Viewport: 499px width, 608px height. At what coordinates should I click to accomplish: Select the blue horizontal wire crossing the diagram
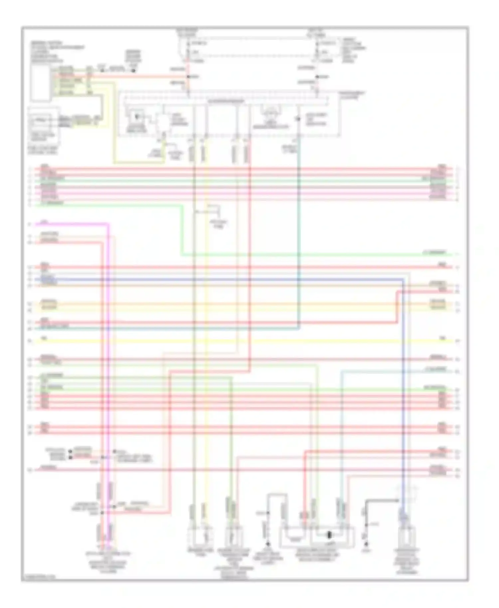click(233, 279)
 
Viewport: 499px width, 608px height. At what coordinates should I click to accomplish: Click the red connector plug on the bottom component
click(304, 516)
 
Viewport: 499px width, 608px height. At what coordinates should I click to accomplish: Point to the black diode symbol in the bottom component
click(329, 535)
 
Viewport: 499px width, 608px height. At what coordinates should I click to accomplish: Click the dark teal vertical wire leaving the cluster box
click(299, 233)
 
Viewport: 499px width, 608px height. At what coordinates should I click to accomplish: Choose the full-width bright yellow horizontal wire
click(233, 341)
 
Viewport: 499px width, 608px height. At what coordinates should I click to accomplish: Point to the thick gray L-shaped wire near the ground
click(379, 501)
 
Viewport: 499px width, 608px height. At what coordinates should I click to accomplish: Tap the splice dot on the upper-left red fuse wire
click(188, 77)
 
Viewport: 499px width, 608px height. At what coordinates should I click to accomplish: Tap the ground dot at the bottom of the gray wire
click(366, 544)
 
